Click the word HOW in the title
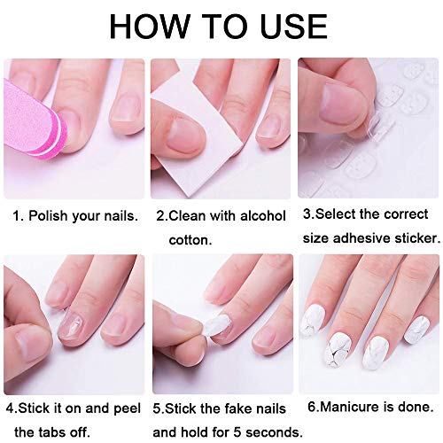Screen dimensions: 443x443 click(150, 26)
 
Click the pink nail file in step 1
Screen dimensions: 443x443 click(34, 117)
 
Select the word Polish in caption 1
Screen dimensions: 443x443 click(48, 216)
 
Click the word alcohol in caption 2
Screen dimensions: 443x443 click(263, 215)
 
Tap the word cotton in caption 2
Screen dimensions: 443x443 click(190, 240)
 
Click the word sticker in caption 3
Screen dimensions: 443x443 click(417, 238)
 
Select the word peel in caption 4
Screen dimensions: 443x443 click(127, 408)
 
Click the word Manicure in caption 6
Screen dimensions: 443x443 click(350, 407)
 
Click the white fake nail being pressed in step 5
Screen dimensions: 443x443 click(219, 326)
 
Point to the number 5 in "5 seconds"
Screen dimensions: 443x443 click(237, 432)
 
